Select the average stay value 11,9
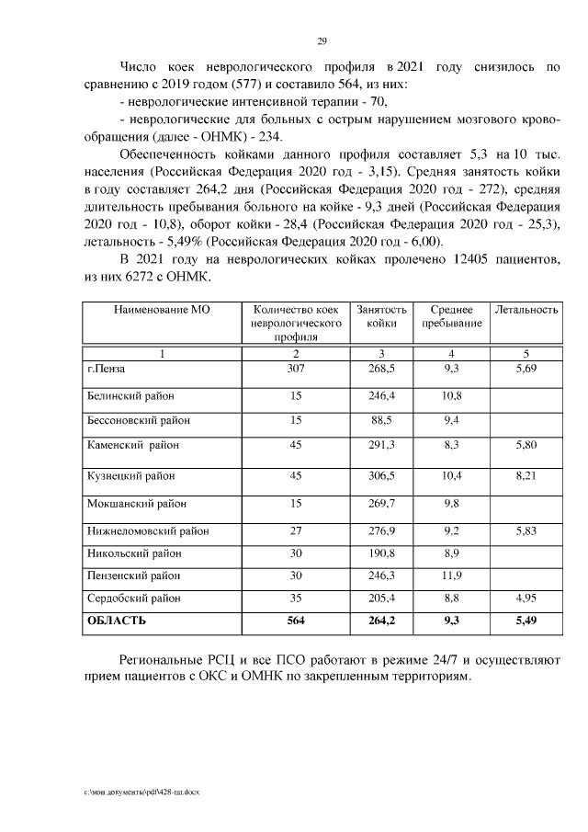(450, 576)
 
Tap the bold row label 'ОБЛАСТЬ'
(116, 621)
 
